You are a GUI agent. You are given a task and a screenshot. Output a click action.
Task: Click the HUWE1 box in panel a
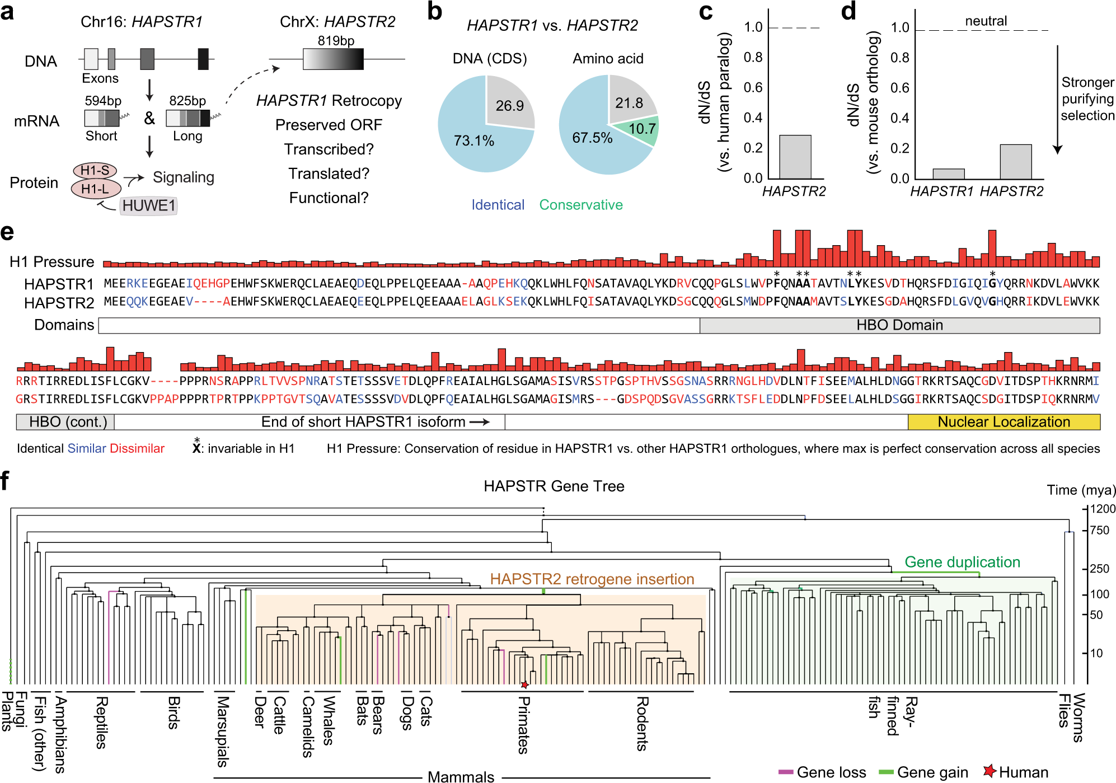click(148, 205)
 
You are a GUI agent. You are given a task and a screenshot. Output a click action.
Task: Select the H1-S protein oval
click(95, 170)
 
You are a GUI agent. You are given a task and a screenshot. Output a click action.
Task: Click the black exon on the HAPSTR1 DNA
click(203, 59)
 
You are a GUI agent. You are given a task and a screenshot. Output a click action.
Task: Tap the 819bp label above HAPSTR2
click(336, 40)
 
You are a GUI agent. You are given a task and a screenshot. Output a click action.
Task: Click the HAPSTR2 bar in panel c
click(795, 157)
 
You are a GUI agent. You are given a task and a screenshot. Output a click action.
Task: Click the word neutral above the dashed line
click(986, 21)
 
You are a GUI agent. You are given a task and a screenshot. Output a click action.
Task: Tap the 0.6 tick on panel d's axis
click(899, 88)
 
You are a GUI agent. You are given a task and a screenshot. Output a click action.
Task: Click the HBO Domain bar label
click(899, 325)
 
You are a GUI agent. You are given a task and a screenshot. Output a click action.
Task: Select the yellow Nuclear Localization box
click(1004, 422)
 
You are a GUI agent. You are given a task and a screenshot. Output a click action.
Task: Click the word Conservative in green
click(580, 205)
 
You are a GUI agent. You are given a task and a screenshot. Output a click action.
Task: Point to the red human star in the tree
click(524, 684)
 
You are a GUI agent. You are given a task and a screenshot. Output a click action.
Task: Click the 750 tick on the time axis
click(1098, 530)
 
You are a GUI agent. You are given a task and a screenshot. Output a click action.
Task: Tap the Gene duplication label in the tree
click(962, 562)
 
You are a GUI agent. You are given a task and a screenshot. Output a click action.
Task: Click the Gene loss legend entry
click(822, 772)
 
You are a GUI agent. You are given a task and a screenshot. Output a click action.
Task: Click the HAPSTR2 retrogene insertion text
click(592, 579)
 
